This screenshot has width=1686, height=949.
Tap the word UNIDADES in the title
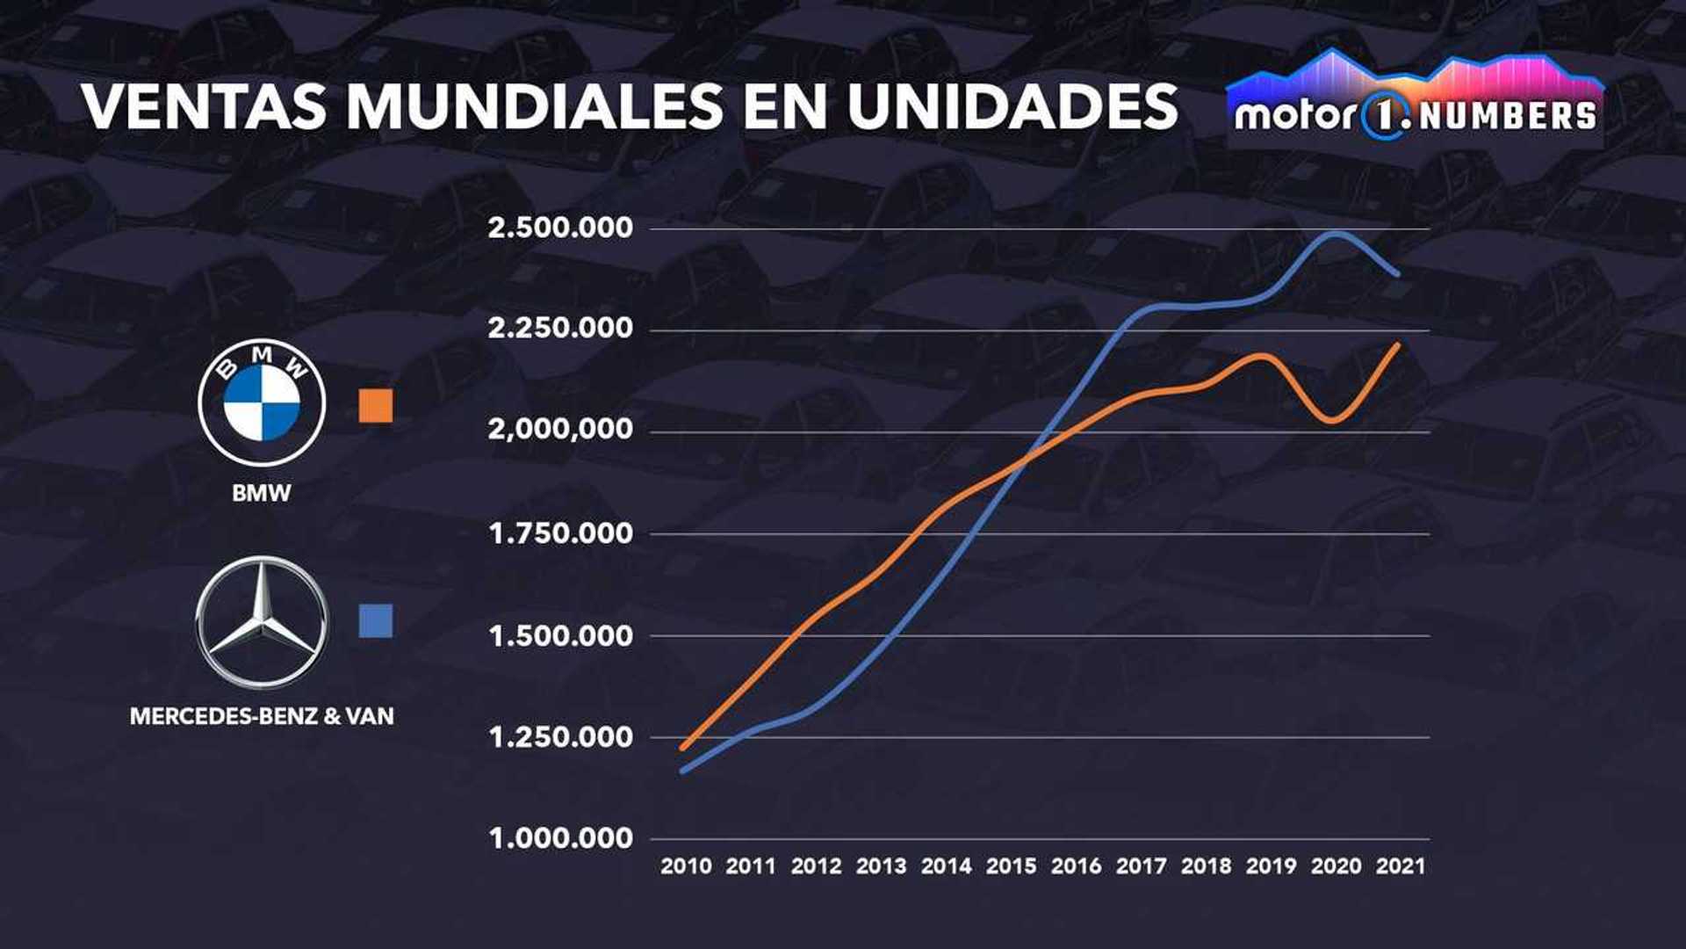click(1012, 107)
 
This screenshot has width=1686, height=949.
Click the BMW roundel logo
click(262, 403)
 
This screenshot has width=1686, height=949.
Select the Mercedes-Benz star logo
click(262, 622)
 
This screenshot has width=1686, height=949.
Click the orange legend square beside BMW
click(376, 406)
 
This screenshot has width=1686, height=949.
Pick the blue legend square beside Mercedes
click(376, 620)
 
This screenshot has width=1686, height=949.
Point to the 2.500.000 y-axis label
click(560, 228)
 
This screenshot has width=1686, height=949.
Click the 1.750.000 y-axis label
click(560, 533)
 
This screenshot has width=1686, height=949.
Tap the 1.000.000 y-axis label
click(560, 838)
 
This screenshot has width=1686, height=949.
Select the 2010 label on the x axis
click(686, 866)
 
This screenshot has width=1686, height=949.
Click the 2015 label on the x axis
click(1011, 866)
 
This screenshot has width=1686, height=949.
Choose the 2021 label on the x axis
click(1401, 866)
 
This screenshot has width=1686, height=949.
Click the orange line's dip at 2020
click(1335, 420)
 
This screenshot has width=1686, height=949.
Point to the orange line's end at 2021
click(1397, 345)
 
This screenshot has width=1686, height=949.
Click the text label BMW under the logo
click(261, 493)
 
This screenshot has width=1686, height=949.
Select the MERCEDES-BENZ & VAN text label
click(262, 717)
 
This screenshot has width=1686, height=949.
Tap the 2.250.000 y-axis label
click(560, 329)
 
